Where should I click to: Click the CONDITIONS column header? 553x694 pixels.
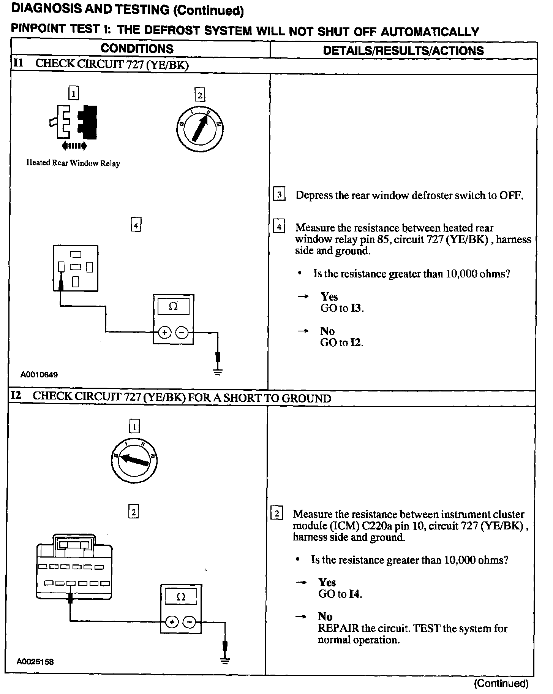click(x=137, y=49)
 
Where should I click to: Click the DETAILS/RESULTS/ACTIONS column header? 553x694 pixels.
click(x=403, y=51)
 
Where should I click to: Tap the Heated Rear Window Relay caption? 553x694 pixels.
click(x=73, y=163)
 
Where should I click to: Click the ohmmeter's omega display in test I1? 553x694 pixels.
click(x=173, y=306)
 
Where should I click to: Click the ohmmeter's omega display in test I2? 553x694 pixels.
click(x=181, y=596)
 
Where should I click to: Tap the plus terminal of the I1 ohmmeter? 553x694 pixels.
click(x=164, y=333)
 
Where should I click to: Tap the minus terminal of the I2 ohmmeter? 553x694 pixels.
click(x=189, y=622)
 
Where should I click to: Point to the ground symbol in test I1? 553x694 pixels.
click(x=218, y=371)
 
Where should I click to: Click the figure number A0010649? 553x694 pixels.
click(x=39, y=375)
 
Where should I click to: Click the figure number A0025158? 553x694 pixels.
click(x=35, y=662)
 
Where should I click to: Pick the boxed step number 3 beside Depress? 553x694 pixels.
click(x=279, y=195)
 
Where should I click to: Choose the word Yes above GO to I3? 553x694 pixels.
click(x=329, y=296)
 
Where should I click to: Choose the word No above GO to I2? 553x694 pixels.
click(x=327, y=331)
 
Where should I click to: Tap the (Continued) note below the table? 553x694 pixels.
click(x=501, y=684)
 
